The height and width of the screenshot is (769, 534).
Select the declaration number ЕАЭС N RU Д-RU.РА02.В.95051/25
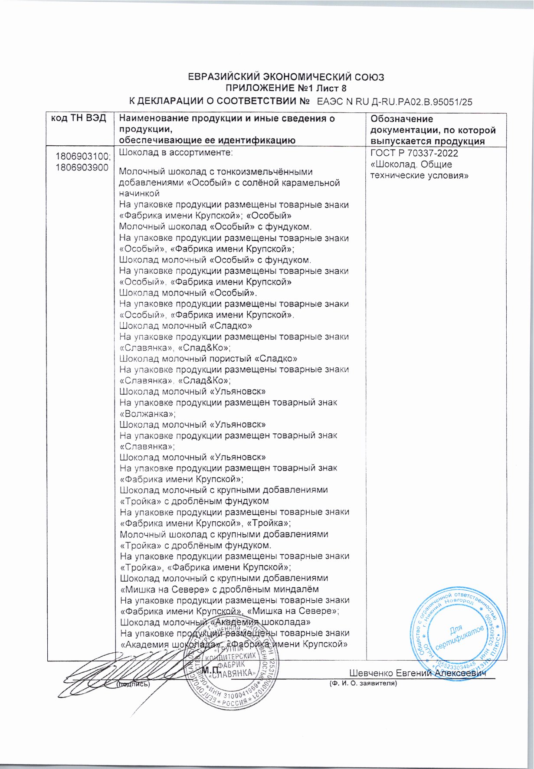click(x=394, y=102)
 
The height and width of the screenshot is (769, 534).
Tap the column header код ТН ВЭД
click(x=79, y=119)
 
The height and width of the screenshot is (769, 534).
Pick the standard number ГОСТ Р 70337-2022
click(x=414, y=154)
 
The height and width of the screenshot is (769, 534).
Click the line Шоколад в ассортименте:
click(x=176, y=153)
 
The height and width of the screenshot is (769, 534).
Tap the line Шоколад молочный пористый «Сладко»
click(x=208, y=359)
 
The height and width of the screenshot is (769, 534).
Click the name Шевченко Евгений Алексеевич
click(x=417, y=673)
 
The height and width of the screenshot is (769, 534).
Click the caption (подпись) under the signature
click(x=133, y=684)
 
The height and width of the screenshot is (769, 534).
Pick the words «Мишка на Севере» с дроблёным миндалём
click(x=219, y=589)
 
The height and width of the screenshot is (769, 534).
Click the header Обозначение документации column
click(x=432, y=130)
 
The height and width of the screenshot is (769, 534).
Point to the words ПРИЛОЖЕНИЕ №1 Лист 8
click(x=287, y=89)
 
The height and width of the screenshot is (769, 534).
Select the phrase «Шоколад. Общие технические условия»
click(x=419, y=170)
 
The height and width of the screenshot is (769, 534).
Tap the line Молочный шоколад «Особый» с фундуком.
click(x=216, y=227)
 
